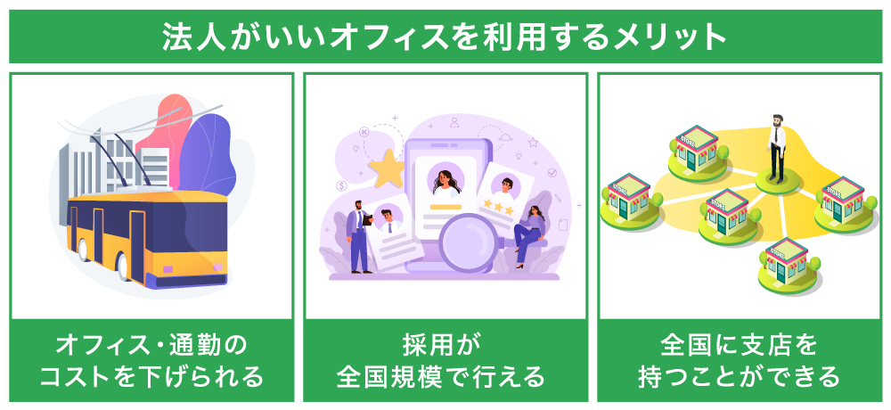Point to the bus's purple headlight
(x=169, y=268)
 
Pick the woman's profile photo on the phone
(x=445, y=181)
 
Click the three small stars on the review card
(x=498, y=208)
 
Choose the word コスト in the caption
(x=87, y=376)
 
